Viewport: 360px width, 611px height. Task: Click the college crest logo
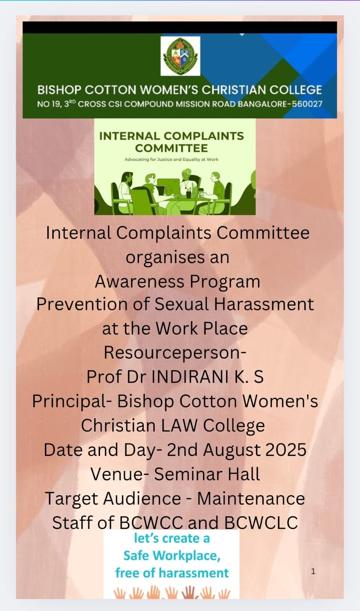180,56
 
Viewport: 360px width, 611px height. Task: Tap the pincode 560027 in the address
307,104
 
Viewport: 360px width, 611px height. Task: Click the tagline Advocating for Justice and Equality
171,159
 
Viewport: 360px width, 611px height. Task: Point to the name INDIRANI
190,377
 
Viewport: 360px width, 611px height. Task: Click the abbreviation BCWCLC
261,523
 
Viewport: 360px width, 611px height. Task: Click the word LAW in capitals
179,425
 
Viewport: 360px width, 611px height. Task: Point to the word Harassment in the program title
264,304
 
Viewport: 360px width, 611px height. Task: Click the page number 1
313,571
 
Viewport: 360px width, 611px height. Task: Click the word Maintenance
251,499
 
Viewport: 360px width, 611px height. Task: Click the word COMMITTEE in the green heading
171,149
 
